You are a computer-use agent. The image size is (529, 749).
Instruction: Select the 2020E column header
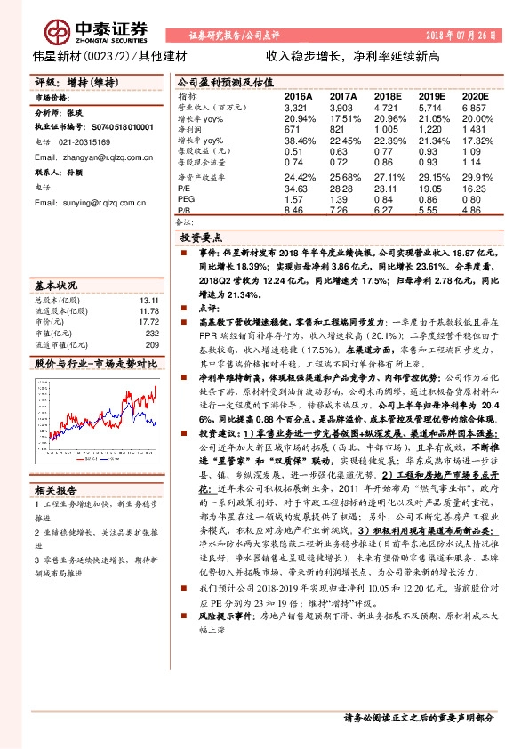pyautogui.click(x=475, y=95)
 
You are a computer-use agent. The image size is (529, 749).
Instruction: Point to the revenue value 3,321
pyautogui.click(x=296, y=106)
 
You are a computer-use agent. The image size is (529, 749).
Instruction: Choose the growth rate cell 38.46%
pyautogui.click(x=300, y=141)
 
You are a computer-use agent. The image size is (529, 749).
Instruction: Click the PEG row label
pyautogui.click(x=188, y=200)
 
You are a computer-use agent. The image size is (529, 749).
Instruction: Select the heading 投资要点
pyautogui.click(x=201, y=238)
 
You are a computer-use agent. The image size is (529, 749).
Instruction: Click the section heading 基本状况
pyautogui.click(x=56, y=286)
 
